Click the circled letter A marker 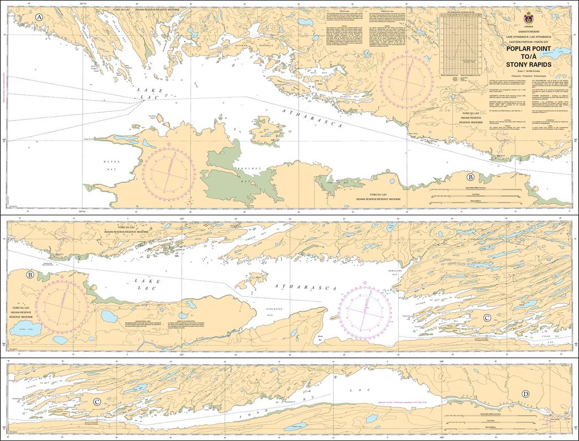point(39,18)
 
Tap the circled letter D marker point(526,394)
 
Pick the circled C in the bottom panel point(97,402)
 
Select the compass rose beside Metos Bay point(168,169)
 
